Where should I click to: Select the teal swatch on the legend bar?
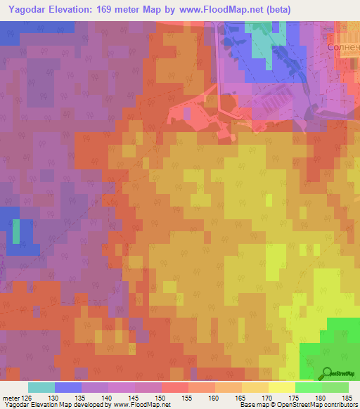click(41, 387)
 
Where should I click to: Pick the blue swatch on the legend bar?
click(68, 387)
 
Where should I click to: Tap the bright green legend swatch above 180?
click(308, 387)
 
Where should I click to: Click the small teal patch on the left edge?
click(16, 231)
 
